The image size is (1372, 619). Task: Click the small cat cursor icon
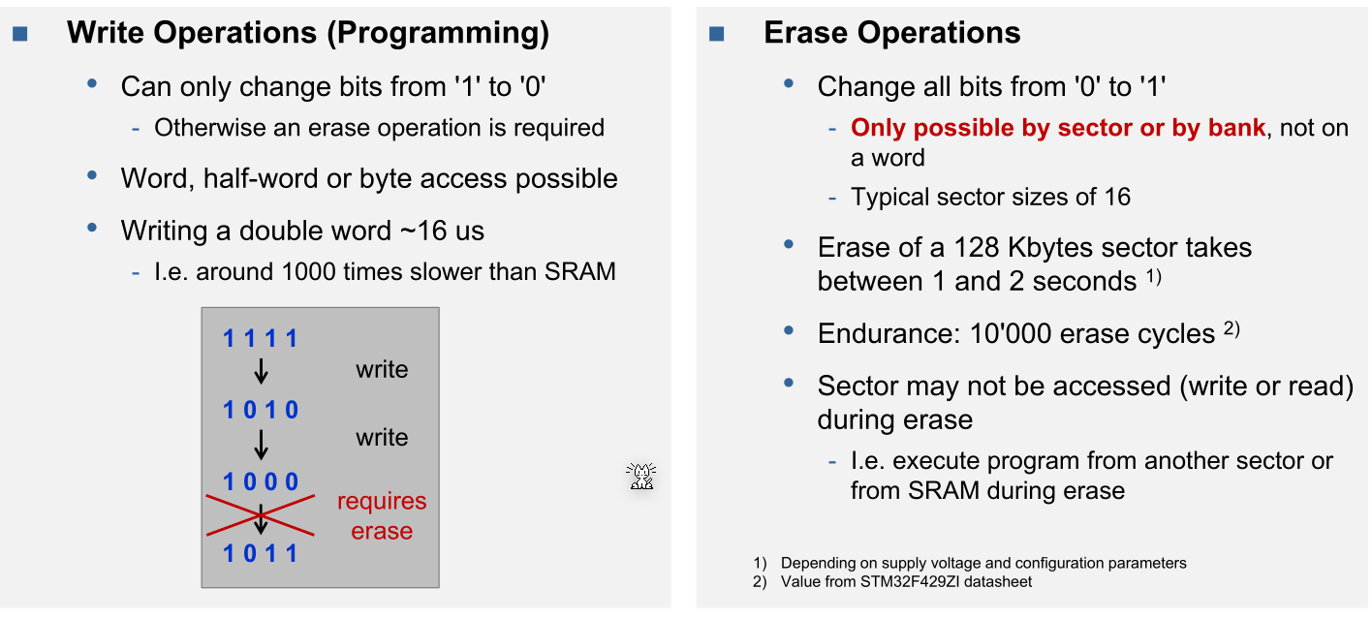(640, 476)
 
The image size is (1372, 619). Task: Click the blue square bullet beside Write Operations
(20, 34)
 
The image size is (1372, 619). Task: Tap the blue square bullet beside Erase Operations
(717, 34)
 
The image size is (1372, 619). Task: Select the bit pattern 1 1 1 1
(261, 339)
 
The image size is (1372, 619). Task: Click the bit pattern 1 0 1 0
(261, 410)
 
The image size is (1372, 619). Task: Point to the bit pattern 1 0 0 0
(261, 481)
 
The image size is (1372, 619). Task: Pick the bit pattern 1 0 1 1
(261, 553)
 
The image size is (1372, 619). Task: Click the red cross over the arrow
(261, 515)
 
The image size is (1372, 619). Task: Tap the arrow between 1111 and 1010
(261, 371)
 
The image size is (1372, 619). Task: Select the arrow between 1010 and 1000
(261, 445)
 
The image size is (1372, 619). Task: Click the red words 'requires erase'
(382, 515)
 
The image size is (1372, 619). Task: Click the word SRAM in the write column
(579, 271)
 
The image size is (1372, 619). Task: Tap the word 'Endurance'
(889, 333)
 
